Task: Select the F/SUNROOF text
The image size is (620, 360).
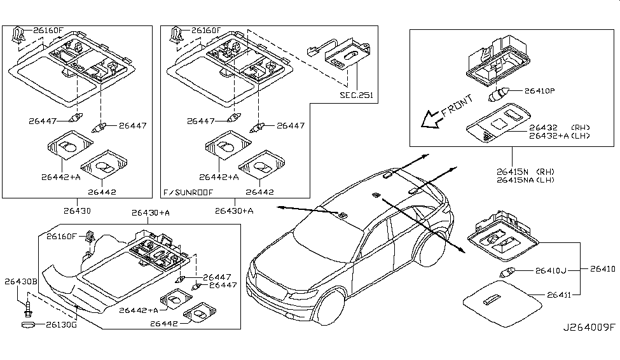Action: click(188, 191)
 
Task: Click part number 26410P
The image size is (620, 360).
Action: click(540, 91)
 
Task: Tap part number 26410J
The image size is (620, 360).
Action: click(550, 270)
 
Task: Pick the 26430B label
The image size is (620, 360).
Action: click(22, 281)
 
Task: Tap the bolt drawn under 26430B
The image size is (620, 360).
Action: click(29, 307)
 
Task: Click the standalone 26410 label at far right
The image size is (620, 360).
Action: click(602, 269)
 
